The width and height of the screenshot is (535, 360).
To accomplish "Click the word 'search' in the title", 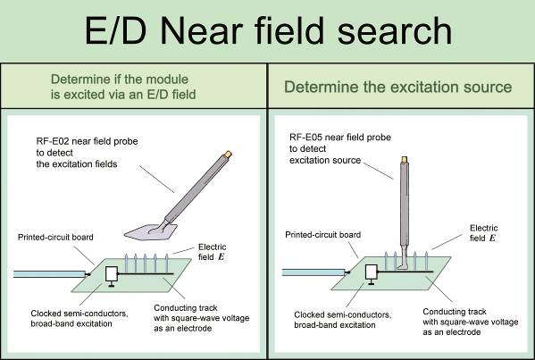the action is click(395, 31).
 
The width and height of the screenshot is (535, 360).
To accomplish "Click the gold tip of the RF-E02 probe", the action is click(228, 155).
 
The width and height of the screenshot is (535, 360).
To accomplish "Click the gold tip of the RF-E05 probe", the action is click(405, 159).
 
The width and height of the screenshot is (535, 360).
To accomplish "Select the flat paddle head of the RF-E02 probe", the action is click(151, 232).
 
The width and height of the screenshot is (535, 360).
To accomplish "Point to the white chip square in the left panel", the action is click(112, 274).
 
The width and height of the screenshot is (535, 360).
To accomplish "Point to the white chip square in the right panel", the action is click(372, 272).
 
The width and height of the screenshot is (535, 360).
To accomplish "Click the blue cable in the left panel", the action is click(49, 274).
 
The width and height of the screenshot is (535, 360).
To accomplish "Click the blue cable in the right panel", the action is click(313, 272).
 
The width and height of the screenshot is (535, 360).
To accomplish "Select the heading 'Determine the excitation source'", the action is click(397, 87).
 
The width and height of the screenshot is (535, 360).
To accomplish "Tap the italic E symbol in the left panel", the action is click(222, 257).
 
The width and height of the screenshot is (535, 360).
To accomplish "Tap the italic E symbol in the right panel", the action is click(492, 238).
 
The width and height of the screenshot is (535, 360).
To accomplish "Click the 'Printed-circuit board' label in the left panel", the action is click(55, 237).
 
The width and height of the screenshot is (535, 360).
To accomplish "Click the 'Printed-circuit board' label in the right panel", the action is click(322, 235).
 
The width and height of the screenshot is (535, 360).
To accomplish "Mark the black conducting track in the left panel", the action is click(146, 273).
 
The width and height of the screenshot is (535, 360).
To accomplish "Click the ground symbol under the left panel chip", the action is click(112, 284).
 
